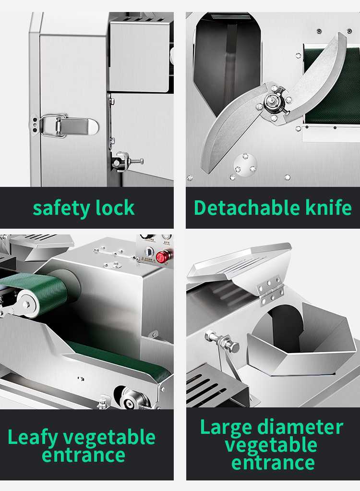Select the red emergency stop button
click(x=163, y=257)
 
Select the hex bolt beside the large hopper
click(x=222, y=340)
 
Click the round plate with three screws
click(x=245, y=163)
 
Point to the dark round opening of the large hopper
click(x=287, y=325)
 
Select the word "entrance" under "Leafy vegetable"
click(x=84, y=455)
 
